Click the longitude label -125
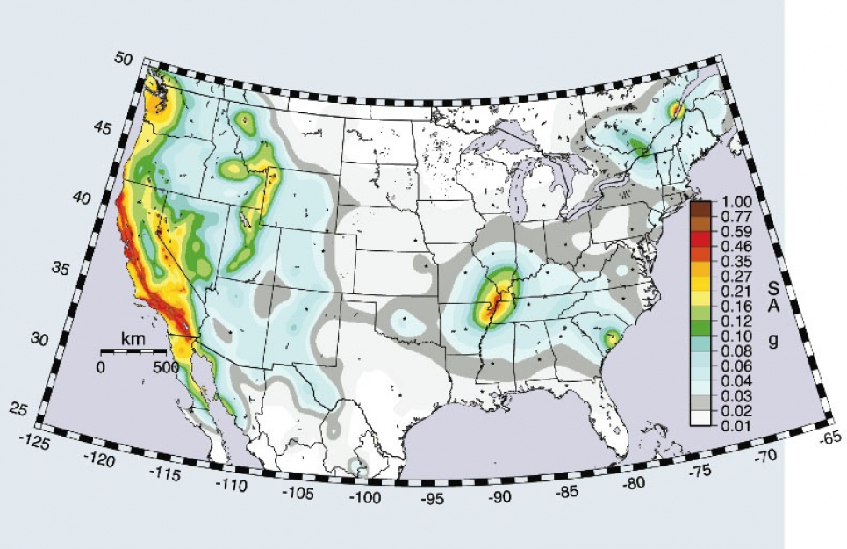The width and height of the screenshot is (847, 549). click(x=36, y=437)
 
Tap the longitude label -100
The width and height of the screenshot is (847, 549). click(x=362, y=499)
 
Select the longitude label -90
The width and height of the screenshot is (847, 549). click(x=499, y=497)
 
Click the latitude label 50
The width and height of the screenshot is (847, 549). click(x=123, y=58)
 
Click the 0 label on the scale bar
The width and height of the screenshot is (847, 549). click(x=99, y=367)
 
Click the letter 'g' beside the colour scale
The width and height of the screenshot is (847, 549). click(x=773, y=343)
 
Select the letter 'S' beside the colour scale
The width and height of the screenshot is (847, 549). click(x=773, y=287)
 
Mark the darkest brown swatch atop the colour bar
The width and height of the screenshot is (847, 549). click(x=700, y=207)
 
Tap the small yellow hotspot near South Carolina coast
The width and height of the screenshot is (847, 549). click(x=612, y=336)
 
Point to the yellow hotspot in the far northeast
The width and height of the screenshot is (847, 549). click(x=676, y=110)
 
